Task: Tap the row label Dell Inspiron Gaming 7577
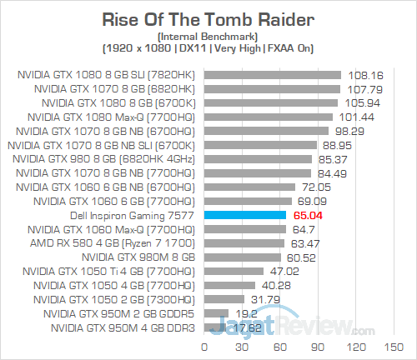click(x=128, y=215)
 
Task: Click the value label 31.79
click(x=263, y=299)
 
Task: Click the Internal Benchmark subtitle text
click(x=208, y=37)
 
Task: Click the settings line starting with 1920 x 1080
click(x=208, y=49)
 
